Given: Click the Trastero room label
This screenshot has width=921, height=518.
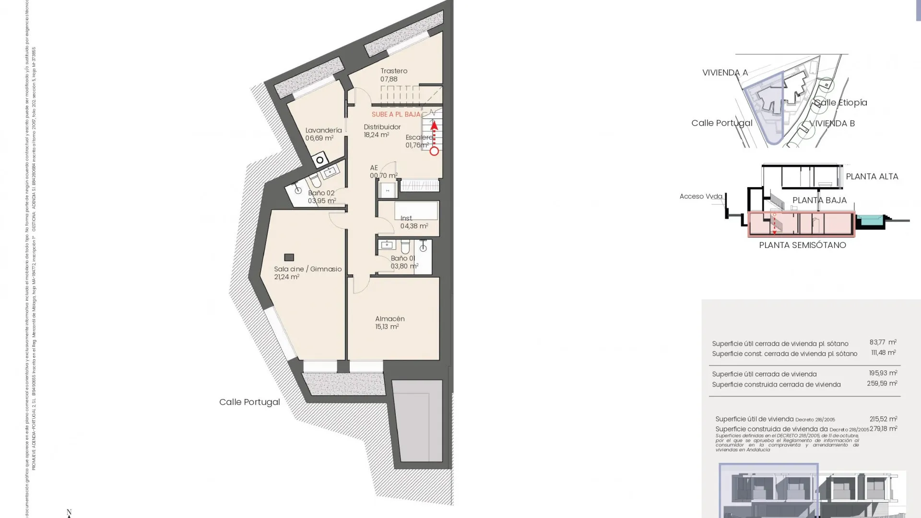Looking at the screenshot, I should coord(394,75).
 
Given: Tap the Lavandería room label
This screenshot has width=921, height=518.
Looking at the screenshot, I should coord(323,134).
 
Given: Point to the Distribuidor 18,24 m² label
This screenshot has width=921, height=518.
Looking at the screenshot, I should coord(382,130).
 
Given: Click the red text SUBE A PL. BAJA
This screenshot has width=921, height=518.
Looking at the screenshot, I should coord(396,115).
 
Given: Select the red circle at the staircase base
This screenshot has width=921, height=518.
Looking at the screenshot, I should coord(434,151).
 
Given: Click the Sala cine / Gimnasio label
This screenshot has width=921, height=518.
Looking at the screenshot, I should coord(307,272).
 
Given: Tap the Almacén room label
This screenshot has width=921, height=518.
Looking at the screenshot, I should coord(390,322).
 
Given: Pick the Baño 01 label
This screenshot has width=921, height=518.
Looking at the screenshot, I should coord(403,262).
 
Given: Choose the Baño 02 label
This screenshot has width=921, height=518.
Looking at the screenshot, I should coord(321,197).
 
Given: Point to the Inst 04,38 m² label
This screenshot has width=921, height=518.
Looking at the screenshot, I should coord(413,222).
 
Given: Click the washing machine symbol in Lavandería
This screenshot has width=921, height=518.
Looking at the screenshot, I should coord(319,160).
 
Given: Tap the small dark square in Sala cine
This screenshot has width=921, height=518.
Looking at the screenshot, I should coord(289,258).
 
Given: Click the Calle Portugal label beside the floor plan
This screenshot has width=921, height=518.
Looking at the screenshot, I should coord(249,402).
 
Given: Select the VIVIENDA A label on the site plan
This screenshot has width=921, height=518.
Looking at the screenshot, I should coord(725,72).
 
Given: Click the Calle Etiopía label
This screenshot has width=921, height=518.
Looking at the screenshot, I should coord(840,102).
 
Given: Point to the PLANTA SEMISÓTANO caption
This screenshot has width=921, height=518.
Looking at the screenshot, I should coord(802,245).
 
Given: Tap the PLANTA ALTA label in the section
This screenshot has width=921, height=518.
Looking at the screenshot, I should coord(872,177).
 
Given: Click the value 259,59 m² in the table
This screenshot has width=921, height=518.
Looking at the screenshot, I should coord(882,384).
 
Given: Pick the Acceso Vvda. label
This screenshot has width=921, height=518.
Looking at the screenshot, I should coord(701,196).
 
